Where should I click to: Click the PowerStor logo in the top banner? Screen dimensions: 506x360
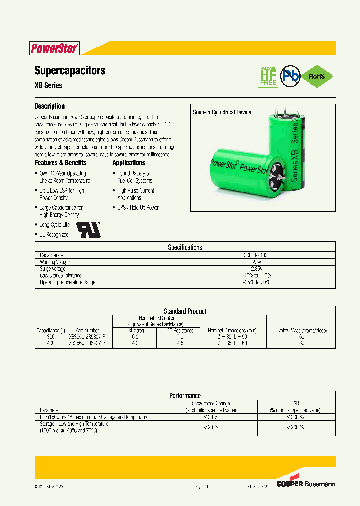54,48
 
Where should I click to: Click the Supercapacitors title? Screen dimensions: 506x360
70,70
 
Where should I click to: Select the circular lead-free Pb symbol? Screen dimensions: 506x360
289,76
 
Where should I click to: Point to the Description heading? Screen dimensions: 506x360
49,106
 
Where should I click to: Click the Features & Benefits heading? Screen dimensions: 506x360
60,163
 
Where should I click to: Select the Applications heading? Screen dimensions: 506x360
129,163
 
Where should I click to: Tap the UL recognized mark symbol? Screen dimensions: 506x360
88,229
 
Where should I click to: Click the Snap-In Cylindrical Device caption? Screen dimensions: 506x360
222,113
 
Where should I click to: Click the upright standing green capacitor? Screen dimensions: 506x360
284,150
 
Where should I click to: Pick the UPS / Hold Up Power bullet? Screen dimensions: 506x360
137,208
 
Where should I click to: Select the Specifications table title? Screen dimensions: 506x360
185,247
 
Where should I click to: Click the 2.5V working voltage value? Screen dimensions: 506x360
256,262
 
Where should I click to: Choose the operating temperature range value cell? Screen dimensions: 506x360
256,282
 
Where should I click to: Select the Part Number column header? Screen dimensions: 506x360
87,330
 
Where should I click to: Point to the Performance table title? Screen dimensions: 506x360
185,395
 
